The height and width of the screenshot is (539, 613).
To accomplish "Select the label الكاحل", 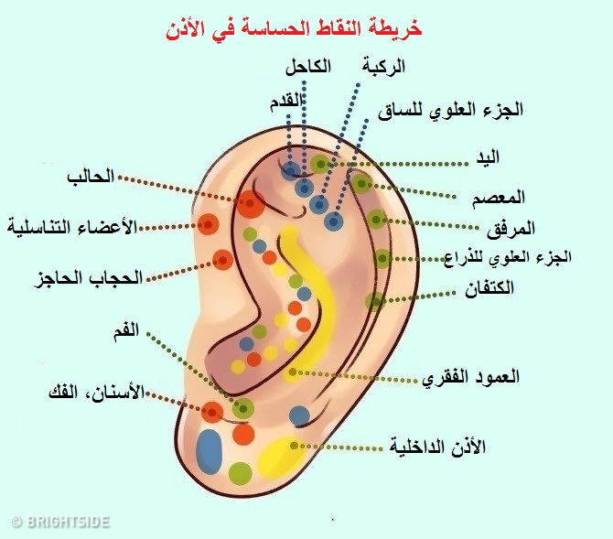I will (308, 66).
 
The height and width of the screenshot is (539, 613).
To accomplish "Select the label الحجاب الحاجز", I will (88, 277).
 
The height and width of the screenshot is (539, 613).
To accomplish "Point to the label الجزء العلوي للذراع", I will (506, 257).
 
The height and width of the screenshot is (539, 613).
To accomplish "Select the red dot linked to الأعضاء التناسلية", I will (210, 223).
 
